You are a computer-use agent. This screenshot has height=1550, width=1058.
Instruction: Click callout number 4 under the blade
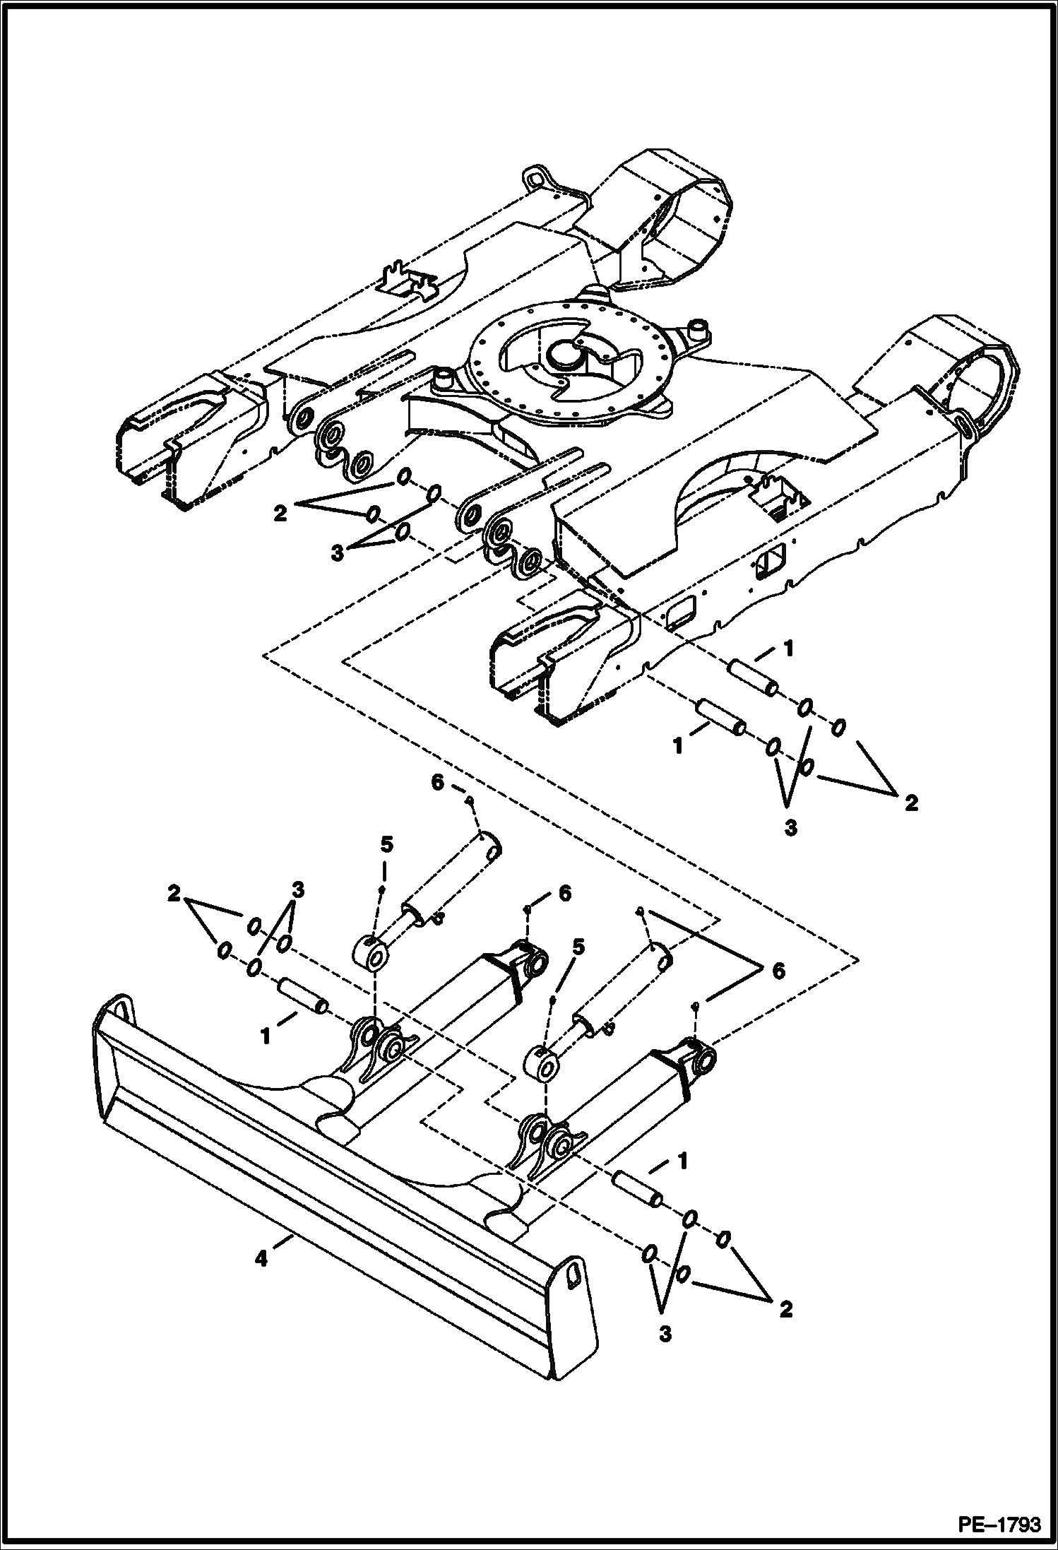pos(261,1258)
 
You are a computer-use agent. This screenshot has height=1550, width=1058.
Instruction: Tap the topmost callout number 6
pos(438,783)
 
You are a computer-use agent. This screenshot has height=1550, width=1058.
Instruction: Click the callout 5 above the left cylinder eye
pos(386,845)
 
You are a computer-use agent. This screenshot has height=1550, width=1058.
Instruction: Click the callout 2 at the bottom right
pos(785,1309)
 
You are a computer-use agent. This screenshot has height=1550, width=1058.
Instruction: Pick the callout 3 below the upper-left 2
pos(338,552)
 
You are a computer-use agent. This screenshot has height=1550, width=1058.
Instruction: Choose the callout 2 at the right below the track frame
pos(911,803)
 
